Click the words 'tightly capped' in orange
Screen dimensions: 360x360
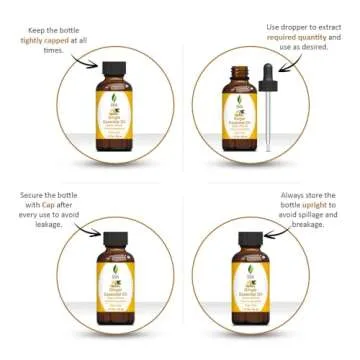[51, 41]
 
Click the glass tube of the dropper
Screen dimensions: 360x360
[267, 125]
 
